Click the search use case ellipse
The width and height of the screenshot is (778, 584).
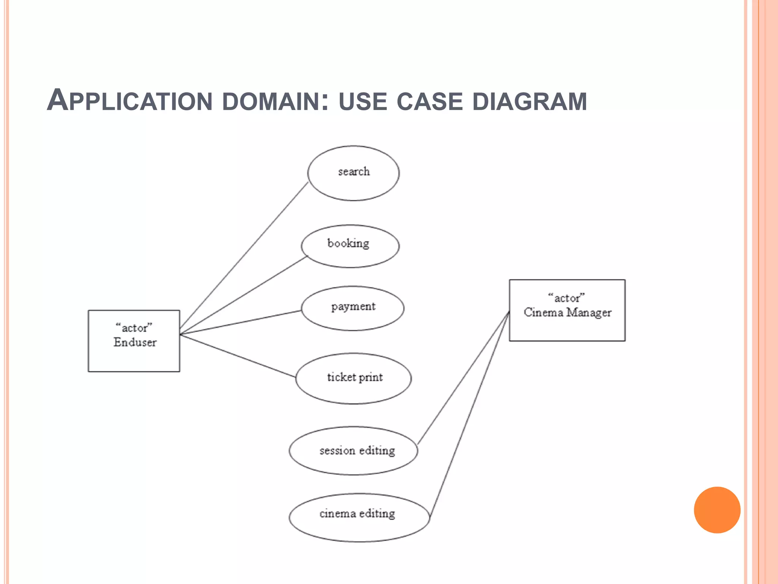pos(353,173)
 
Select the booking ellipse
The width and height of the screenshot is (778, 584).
pos(350,246)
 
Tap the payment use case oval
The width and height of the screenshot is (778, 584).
pos(353,308)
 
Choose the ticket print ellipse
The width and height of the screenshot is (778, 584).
pos(353,378)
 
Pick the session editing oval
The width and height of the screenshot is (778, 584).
pos(353,451)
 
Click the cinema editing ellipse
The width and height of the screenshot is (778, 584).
pos(359,517)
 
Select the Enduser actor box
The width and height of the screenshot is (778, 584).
pos(134,341)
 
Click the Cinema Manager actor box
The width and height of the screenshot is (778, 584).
pos(567,310)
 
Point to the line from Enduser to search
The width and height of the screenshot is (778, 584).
pos(243,259)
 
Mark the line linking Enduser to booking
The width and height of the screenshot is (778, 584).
pos(243,295)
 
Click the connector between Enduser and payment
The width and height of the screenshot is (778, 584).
pos(240,322)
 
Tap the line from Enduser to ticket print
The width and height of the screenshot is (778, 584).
pos(237,355)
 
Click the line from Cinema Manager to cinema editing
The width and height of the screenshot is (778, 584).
pos(470,414)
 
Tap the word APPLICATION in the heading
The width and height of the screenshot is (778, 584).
pos(129,101)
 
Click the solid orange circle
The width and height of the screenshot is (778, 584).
pos(717,510)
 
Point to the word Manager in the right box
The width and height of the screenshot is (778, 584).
pos(589,313)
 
